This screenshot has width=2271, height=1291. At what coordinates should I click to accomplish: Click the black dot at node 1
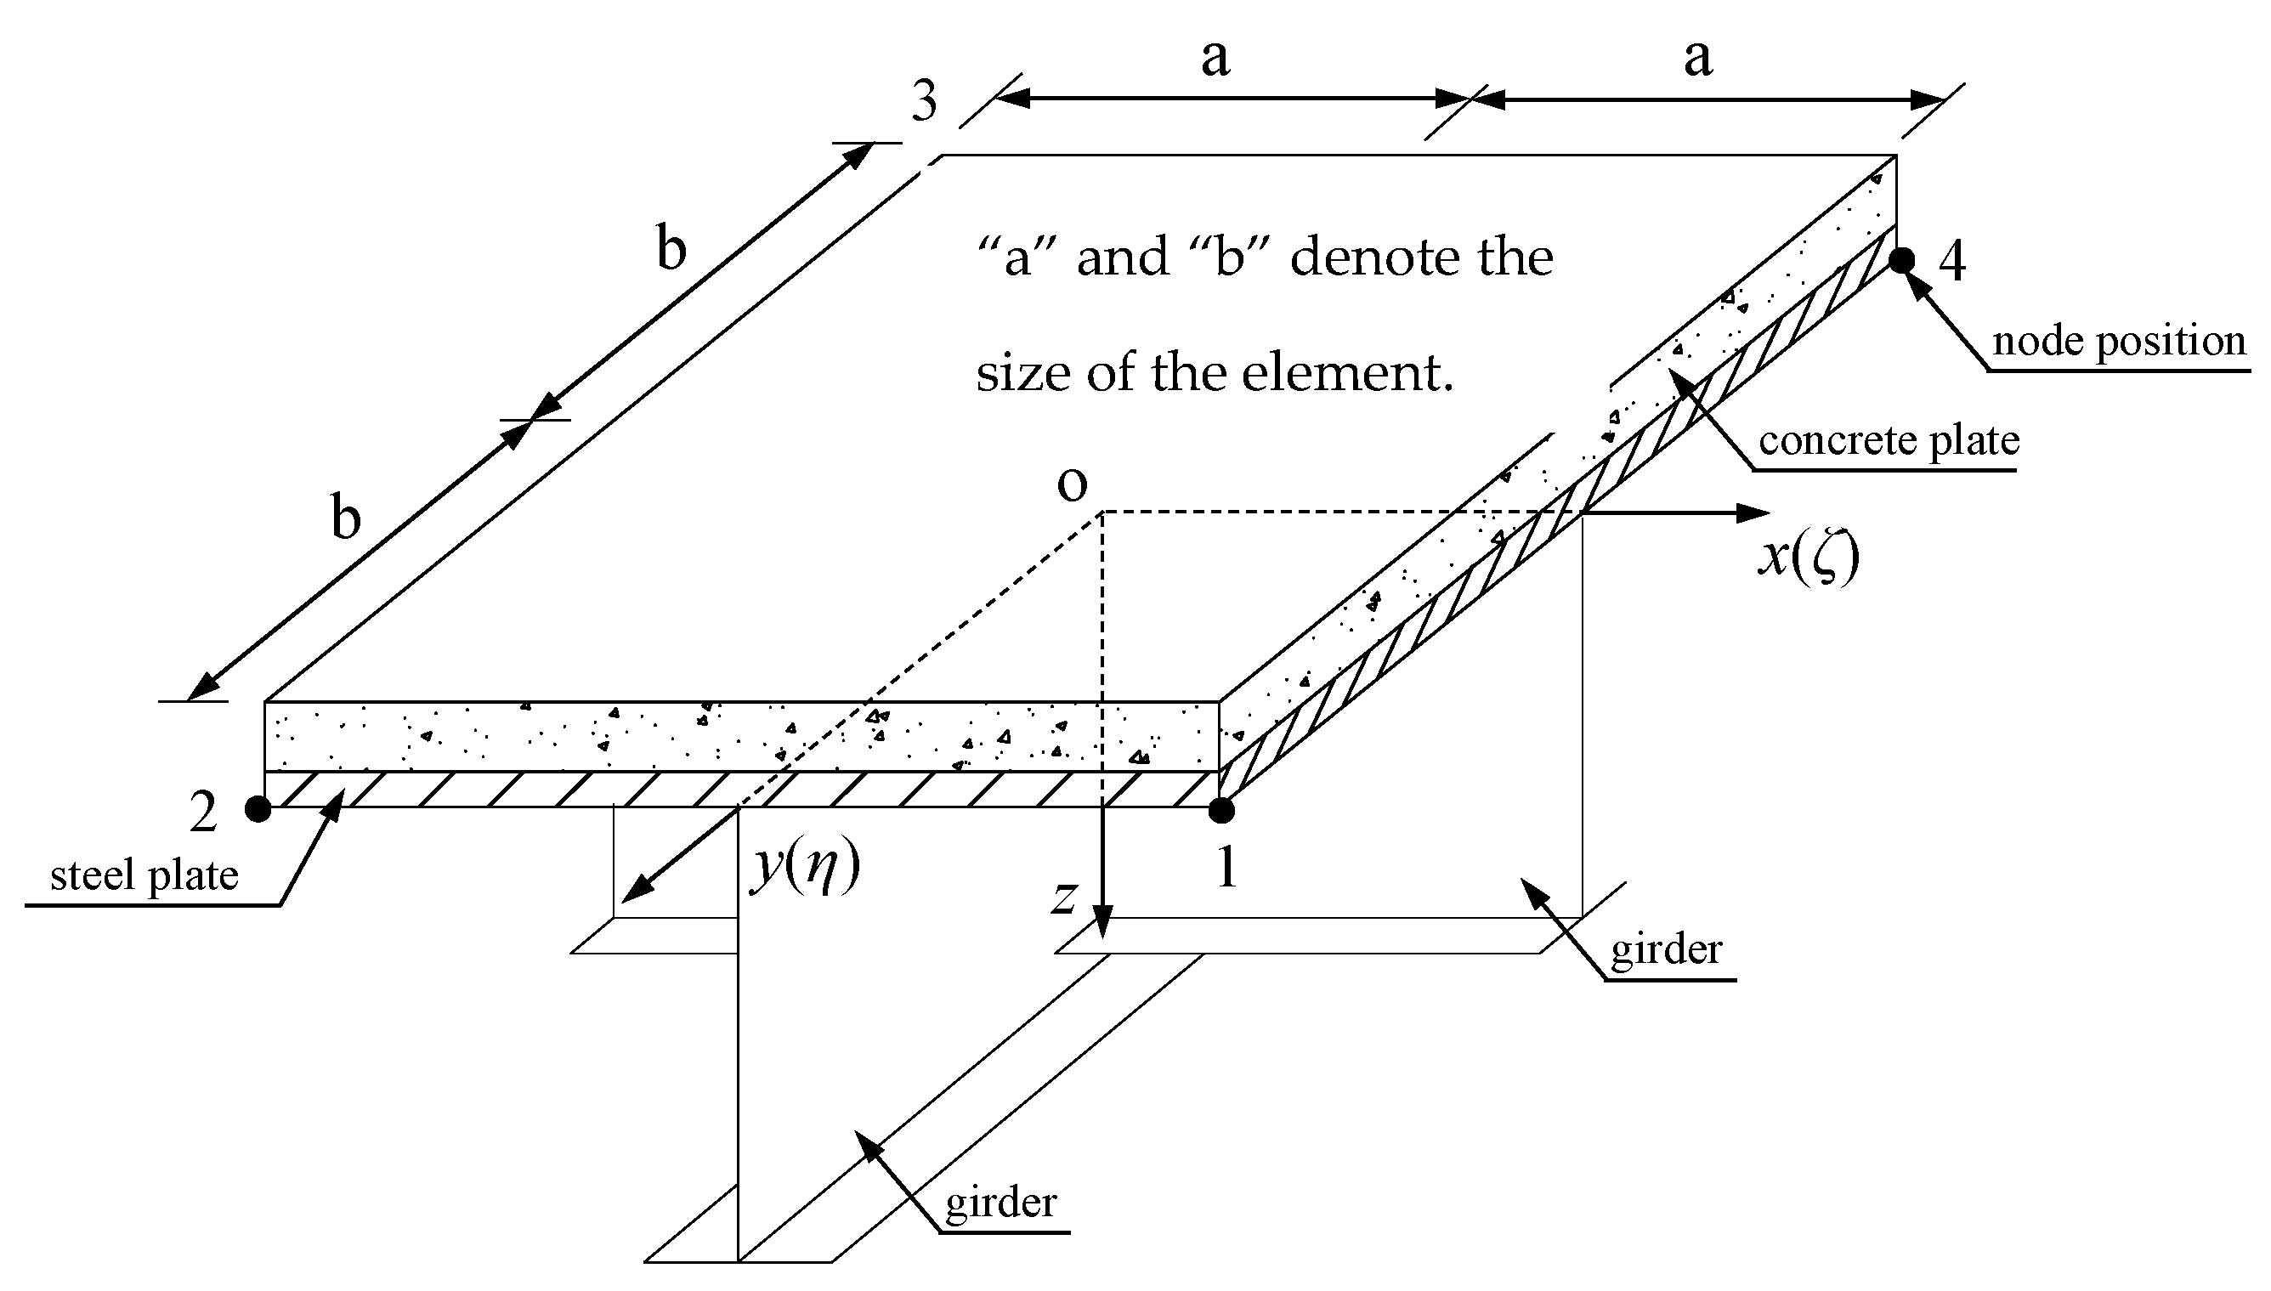pyautogui.click(x=1221, y=810)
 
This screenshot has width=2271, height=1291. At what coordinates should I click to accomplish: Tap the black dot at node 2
pyautogui.click(x=258, y=808)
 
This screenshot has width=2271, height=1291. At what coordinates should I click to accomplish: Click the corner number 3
pyautogui.click(x=925, y=101)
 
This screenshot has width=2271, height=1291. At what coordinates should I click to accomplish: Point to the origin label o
pyautogui.click(x=1073, y=485)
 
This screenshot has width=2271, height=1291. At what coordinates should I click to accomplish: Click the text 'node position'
pyautogui.click(x=2119, y=342)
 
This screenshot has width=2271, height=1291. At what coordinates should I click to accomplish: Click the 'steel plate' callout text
pyautogui.click(x=144, y=876)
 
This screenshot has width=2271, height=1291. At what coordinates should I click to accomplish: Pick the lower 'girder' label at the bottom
pyautogui.click(x=1000, y=1203)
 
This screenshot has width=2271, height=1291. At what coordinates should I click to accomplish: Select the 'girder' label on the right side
pyautogui.click(x=1666, y=949)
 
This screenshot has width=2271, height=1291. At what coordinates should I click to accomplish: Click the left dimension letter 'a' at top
pyautogui.click(x=1215, y=58)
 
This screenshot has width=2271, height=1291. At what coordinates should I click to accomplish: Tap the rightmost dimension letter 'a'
pyautogui.click(x=1697, y=58)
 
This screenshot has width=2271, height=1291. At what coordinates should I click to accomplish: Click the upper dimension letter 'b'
pyautogui.click(x=671, y=248)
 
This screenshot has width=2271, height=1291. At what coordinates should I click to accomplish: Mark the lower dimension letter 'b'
pyautogui.click(x=347, y=517)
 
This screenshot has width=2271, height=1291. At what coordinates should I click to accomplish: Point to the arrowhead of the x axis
pyautogui.click(x=1755, y=512)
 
